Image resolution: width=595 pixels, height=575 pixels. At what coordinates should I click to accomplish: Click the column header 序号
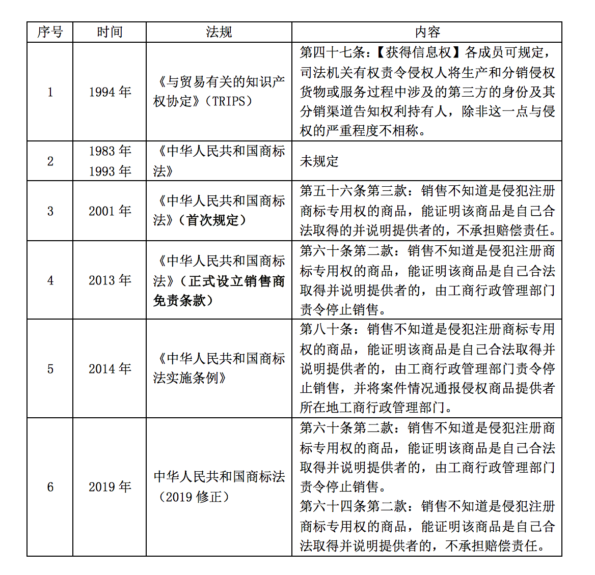(x=50, y=32)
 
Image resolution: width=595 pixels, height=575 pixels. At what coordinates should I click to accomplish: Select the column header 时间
(x=110, y=32)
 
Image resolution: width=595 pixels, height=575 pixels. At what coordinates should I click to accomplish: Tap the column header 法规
(x=219, y=32)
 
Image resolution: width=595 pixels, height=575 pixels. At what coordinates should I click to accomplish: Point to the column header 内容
(x=427, y=32)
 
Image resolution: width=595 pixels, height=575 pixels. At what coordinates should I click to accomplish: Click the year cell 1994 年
(x=110, y=92)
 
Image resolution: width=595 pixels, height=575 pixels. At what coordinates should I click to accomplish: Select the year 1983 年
(x=110, y=151)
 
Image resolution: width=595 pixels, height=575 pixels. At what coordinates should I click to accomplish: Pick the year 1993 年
(x=110, y=171)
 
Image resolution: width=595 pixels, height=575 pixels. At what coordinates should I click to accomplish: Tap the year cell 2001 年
(x=110, y=211)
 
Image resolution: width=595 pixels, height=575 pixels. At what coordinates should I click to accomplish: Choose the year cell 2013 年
(x=110, y=280)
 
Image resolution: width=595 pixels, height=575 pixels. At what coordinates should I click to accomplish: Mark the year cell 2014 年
(x=110, y=369)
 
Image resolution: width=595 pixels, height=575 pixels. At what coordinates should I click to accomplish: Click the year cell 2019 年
(x=110, y=487)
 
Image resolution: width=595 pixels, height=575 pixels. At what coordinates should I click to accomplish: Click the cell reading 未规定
(x=319, y=161)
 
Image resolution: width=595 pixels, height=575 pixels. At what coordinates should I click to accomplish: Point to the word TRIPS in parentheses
(x=228, y=101)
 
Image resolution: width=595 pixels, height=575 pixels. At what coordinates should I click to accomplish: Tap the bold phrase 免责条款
(x=179, y=301)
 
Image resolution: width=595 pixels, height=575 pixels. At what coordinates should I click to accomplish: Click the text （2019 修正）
(x=194, y=497)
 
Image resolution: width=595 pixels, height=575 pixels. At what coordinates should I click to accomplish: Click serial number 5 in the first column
(x=50, y=369)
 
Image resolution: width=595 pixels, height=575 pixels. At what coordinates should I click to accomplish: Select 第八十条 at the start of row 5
(x=326, y=329)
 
